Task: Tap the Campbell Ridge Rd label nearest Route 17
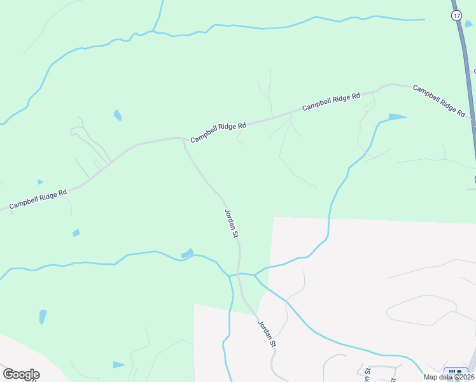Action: [439, 100]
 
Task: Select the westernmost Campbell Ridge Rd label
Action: [38, 199]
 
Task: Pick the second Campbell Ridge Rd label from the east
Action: [331, 102]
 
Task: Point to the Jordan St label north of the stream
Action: [232, 223]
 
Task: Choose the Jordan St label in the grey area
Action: [267, 333]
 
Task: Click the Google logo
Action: [20, 374]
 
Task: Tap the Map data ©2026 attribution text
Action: [449, 377]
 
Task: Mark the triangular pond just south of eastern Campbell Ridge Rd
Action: [396, 117]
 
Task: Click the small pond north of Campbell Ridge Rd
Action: [118, 115]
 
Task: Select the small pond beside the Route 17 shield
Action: [469, 24]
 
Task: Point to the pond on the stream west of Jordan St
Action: [187, 253]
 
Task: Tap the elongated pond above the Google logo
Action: [43, 316]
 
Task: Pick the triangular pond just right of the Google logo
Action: [118, 365]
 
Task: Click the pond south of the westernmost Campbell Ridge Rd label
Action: [76, 232]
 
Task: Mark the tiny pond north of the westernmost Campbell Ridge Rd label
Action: [40, 182]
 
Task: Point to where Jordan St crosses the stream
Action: [241, 274]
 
